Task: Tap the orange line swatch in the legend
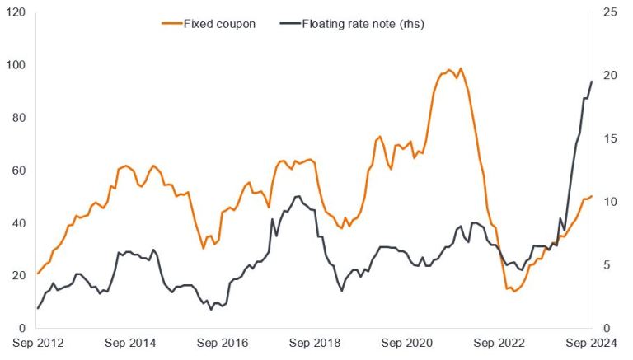tap(171, 24)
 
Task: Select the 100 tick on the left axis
tap(15, 65)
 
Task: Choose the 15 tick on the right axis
tap(612, 139)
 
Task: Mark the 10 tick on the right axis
tap(612, 202)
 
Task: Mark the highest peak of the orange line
tap(460, 68)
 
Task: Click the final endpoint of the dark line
tap(592, 82)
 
